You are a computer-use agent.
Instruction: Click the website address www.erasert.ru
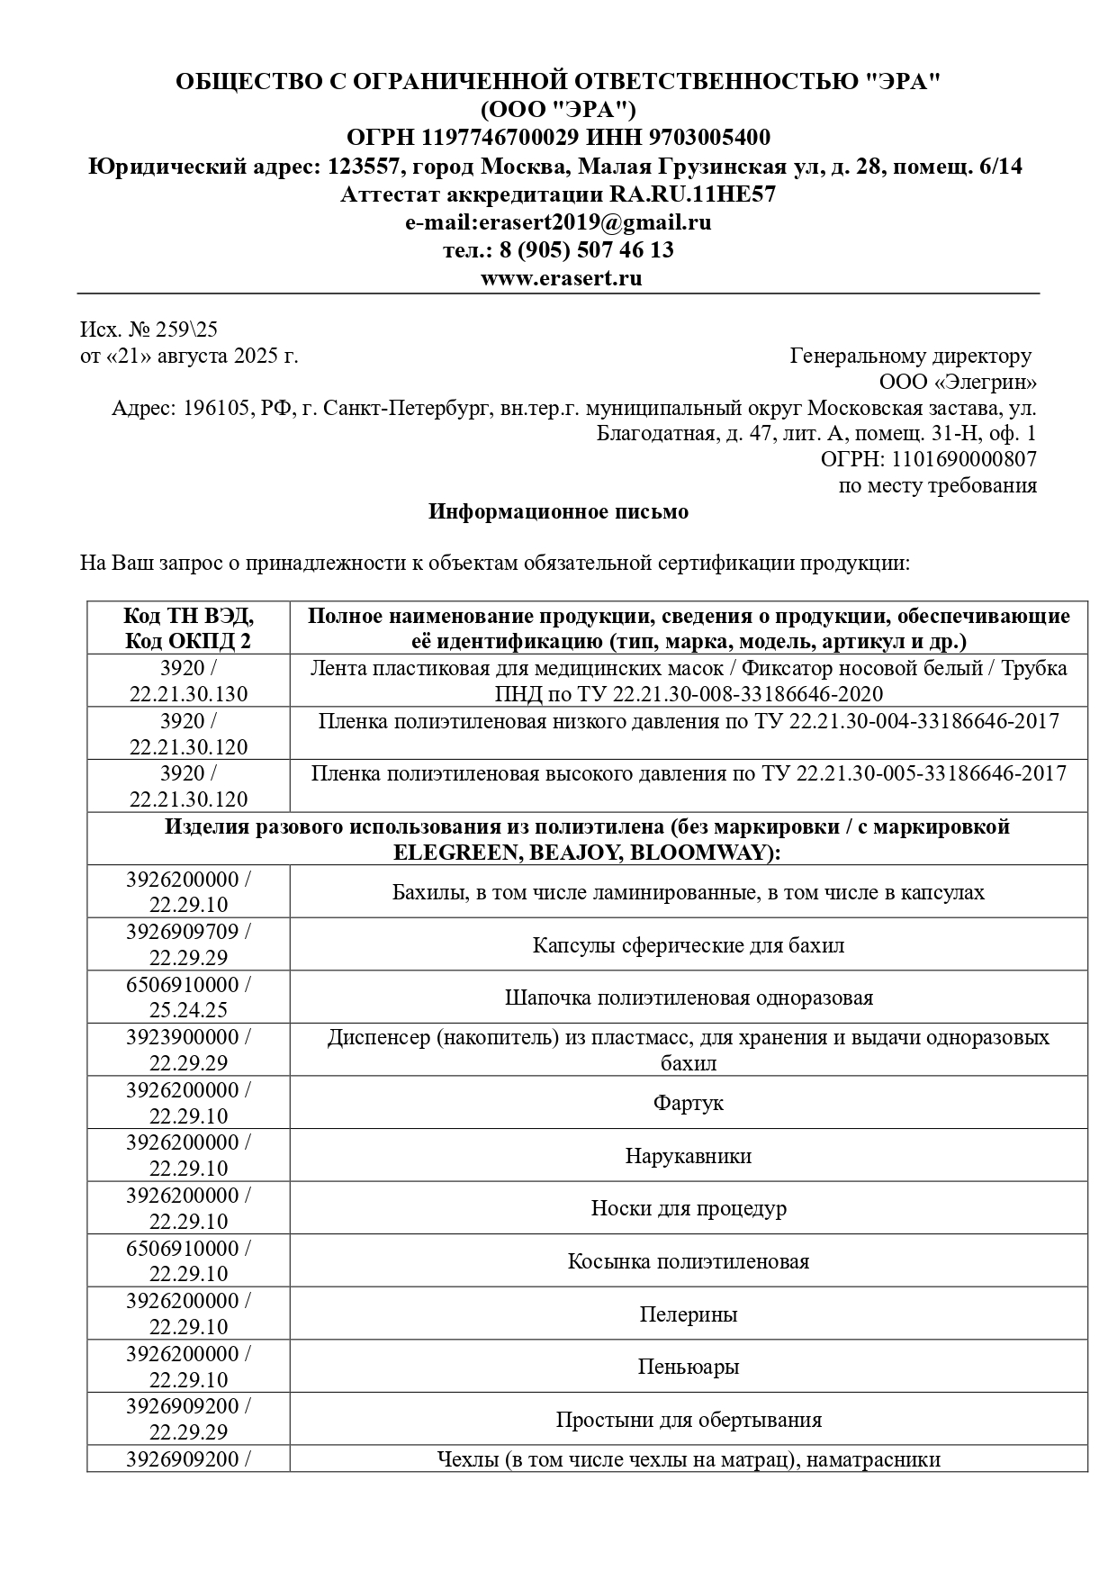[561, 278]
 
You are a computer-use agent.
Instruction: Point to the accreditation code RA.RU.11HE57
[692, 194]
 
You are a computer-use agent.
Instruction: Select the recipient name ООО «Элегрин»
[958, 383]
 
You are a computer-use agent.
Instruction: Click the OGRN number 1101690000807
[964, 459]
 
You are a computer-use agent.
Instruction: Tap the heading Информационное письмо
[558, 512]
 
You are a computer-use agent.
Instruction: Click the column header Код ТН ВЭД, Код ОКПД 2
[189, 628]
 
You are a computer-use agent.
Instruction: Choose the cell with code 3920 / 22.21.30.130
[189, 681]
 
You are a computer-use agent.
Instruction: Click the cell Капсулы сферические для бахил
[689, 945]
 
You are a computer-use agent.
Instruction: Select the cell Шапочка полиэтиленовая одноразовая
[689, 998]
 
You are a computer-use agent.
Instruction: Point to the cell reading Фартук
[689, 1103]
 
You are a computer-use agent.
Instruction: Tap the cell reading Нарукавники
[689, 1156]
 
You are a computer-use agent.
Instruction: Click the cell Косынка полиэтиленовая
[689, 1261]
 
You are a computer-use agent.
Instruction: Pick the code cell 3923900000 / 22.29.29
[189, 1050]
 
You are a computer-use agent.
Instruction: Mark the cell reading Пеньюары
[689, 1367]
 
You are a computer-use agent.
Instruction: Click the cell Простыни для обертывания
[689, 1420]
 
